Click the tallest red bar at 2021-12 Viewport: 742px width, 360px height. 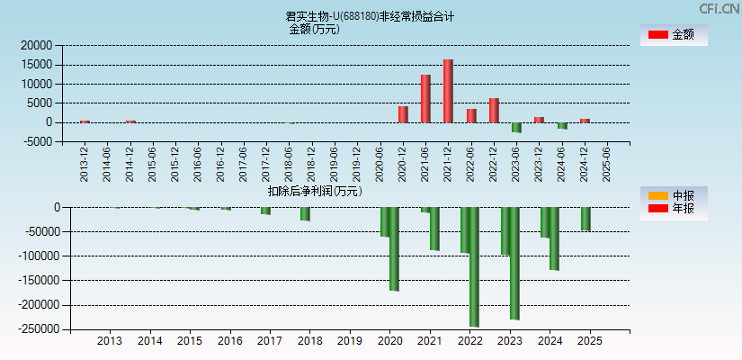(448, 91)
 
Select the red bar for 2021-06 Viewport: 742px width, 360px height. (425, 98)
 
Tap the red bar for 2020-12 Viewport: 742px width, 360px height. (403, 114)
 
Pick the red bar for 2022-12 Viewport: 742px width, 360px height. (494, 110)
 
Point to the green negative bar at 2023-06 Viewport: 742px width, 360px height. (516, 127)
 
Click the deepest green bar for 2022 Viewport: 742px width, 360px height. (474, 266)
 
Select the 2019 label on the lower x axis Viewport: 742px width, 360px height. (350, 341)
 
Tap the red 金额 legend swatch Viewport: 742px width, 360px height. (658, 35)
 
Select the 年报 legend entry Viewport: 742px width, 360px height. (672, 209)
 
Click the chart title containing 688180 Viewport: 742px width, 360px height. (370, 16)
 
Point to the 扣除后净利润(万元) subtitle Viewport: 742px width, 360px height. (314, 191)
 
